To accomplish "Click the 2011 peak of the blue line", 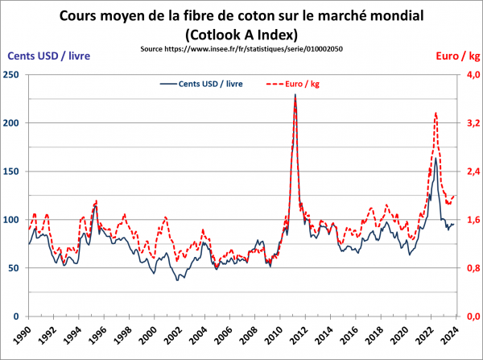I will pyautogui.click(x=295, y=95).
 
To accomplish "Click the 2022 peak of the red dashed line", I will pyautogui.click(x=436, y=114).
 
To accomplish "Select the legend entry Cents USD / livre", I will pyautogui.click(x=199, y=83).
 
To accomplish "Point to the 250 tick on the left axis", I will pyautogui.click(x=12, y=75).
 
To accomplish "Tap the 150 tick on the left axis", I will pyautogui.click(x=12, y=172).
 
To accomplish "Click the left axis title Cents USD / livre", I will pyautogui.click(x=47, y=56).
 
